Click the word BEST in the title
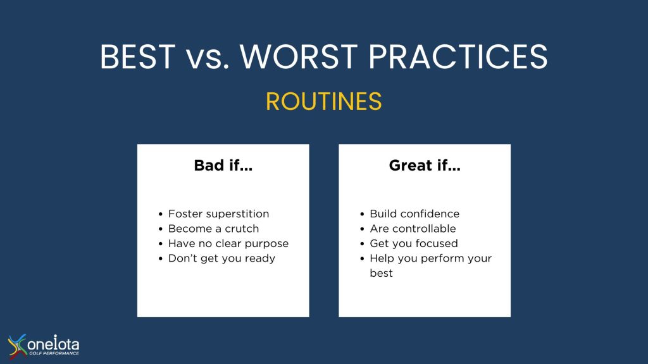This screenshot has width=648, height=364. [x=137, y=56]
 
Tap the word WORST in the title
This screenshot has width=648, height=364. [x=299, y=56]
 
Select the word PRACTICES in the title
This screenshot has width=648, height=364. [x=458, y=56]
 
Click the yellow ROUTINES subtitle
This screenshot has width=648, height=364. [x=323, y=102]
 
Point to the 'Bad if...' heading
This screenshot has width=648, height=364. [x=223, y=166]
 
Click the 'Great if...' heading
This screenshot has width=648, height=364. [x=425, y=166]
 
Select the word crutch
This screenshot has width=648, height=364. [x=242, y=229]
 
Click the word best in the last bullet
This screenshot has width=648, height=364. [x=381, y=273]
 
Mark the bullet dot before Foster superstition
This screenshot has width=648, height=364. [x=160, y=214]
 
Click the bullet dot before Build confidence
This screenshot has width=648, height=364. [x=362, y=214]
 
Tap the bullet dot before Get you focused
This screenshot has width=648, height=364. [x=362, y=244]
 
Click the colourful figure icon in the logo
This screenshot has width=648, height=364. [x=17, y=346]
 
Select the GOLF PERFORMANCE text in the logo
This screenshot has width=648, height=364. [x=54, y=353]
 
